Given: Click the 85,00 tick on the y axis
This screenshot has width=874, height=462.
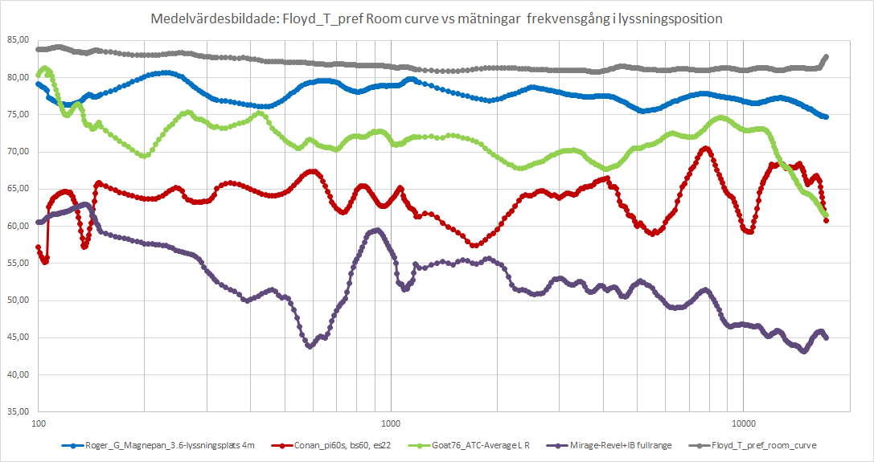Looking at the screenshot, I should [17, 40].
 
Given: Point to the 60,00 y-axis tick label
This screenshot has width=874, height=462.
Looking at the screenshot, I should [17, 226].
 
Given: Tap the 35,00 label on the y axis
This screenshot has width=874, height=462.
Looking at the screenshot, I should [17, 411].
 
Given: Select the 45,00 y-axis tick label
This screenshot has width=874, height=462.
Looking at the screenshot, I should [17, 337].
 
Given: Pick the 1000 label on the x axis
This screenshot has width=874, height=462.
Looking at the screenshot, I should [392, 422].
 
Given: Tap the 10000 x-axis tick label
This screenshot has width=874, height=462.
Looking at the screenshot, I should [743, 422].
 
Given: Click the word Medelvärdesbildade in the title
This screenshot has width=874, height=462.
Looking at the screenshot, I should [199, 18].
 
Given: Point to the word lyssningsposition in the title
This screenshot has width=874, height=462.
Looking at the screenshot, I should [674, 18].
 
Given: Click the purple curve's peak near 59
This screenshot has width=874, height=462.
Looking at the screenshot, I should [376, 231].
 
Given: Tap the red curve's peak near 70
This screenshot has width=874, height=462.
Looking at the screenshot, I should [705, 148].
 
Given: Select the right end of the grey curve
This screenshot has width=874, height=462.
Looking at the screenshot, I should [826, 57].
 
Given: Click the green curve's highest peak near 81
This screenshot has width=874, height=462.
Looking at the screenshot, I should [44, 68].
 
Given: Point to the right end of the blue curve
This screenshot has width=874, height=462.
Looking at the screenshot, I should [825, 117].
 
